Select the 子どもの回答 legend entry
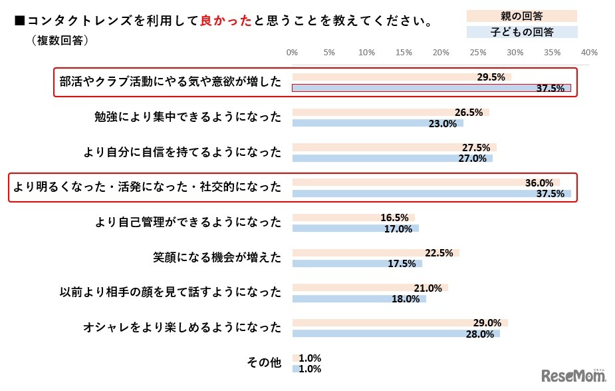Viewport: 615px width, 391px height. click(x=521, y=31)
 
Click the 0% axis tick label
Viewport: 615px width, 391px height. click(x=292, y=52)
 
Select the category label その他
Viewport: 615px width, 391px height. click(x=264, y=363)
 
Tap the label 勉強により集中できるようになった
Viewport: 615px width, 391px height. click(x=188, y=117)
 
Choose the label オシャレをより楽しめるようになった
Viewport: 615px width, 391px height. click(x=182, y=327)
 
